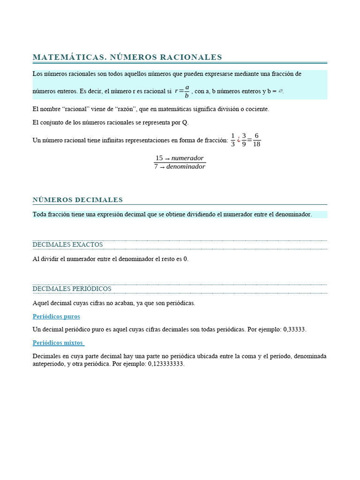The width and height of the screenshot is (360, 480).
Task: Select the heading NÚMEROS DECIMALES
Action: (78, 200)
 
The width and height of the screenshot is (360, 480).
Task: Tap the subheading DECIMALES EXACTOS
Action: (67, 245)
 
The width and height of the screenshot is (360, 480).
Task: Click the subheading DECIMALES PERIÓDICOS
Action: (72, 289)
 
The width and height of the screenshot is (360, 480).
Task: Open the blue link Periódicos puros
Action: (56, 316)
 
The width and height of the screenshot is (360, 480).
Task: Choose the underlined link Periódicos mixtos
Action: (58, 343)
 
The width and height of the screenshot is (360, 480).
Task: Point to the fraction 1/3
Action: (233, 140)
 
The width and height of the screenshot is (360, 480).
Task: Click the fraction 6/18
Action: (256, 140)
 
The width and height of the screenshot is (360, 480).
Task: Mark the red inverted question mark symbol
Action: (239, 140)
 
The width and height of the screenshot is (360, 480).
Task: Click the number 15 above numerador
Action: (159, 158)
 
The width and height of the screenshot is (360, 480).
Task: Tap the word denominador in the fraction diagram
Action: (186, 166)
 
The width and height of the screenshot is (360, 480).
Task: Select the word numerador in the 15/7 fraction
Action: (187, 158)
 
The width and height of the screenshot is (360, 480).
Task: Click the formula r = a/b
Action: (182, 91)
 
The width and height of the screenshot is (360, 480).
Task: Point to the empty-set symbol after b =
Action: (280, 91)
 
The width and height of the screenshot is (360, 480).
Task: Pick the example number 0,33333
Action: (294, 330)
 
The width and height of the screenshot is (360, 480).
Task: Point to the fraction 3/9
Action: (244, 140)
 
